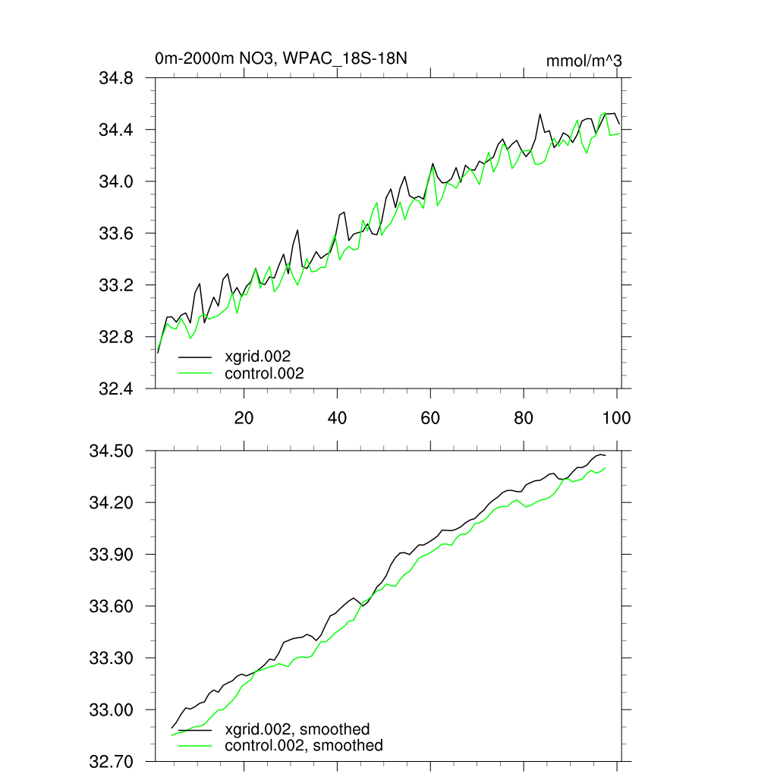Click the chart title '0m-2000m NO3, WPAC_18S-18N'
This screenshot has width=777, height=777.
click(285, 58)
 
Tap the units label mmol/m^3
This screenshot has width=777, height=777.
click(584, 60)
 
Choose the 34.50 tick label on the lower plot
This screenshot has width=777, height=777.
click(112, 451)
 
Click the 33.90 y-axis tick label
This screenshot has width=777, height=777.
click(112, 555)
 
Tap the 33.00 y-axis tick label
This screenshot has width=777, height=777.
click(112, 710)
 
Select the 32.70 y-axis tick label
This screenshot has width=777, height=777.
click(112, 762)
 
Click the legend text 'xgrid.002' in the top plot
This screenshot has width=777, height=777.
click(258, 356)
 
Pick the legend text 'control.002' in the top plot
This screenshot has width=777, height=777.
click(264, 373)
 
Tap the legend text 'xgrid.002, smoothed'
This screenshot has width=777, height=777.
click(297, 729)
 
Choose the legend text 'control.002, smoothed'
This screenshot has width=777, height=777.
click(304, 746)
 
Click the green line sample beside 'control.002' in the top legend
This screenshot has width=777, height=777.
click(195, 373)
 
